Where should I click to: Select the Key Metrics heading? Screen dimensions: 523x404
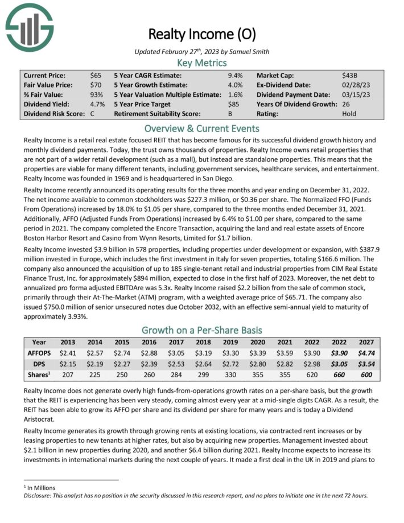201,63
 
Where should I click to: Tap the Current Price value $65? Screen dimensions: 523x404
96,75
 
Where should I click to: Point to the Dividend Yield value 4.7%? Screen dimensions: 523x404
97,104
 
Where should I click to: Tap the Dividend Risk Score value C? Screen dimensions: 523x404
93,114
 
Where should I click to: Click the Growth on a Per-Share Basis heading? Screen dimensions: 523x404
201,330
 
